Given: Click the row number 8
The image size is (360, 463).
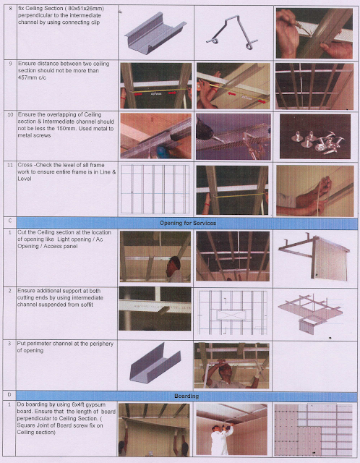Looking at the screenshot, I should point(9,8).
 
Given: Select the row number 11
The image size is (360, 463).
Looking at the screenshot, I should point(10,166).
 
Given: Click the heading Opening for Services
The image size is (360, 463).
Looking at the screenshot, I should point(187,223).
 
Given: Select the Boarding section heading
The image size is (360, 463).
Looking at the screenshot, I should point(187,396).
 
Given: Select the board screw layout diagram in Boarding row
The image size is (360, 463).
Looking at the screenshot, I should point(312,430).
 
